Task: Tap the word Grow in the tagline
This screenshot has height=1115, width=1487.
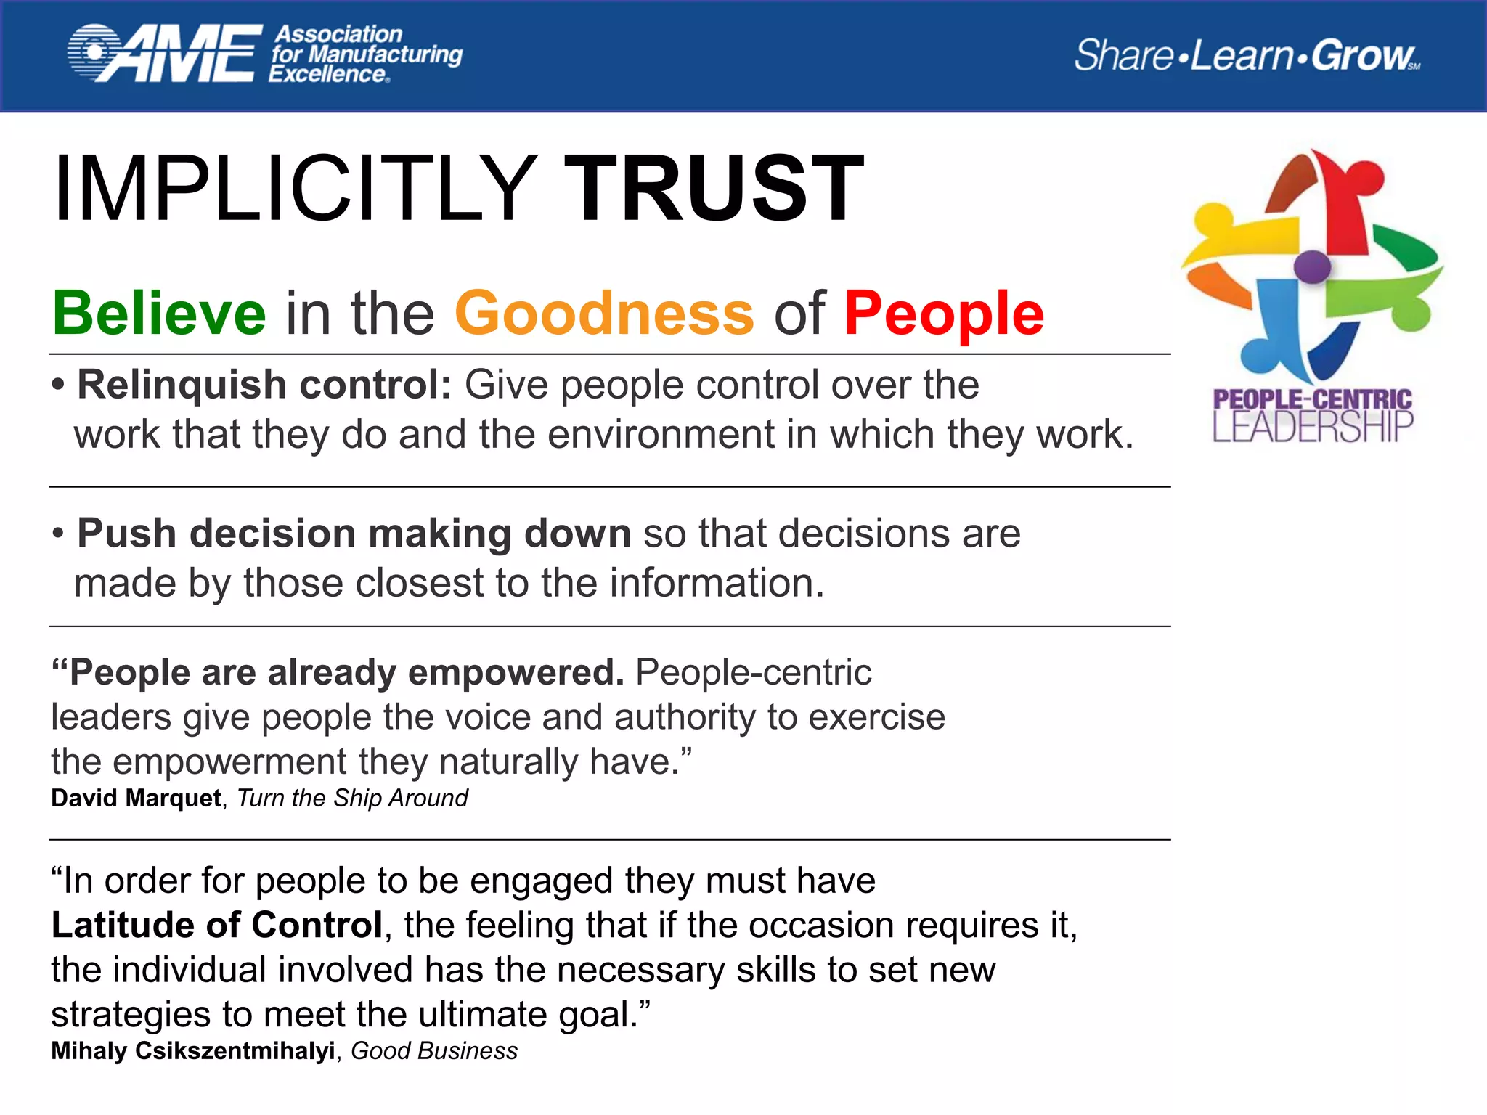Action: [1362, 55]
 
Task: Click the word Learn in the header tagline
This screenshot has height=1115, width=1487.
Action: [1242, 55]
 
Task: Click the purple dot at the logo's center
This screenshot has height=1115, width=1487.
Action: [1312, 266]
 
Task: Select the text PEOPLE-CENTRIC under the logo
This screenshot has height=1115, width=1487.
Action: [1313, 399]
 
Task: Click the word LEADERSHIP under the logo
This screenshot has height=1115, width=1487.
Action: [1313, 427]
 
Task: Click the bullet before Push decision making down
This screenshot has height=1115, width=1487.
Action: [58, 534]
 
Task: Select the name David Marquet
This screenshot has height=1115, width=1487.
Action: [136, 799]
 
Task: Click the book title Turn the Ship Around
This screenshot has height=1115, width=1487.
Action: [353, 799]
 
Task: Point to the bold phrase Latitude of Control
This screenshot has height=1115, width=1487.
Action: [217, 926]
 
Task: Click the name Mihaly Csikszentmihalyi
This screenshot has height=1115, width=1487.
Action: [193, 1051]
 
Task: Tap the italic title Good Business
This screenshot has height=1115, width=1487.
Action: [434, 1051]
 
